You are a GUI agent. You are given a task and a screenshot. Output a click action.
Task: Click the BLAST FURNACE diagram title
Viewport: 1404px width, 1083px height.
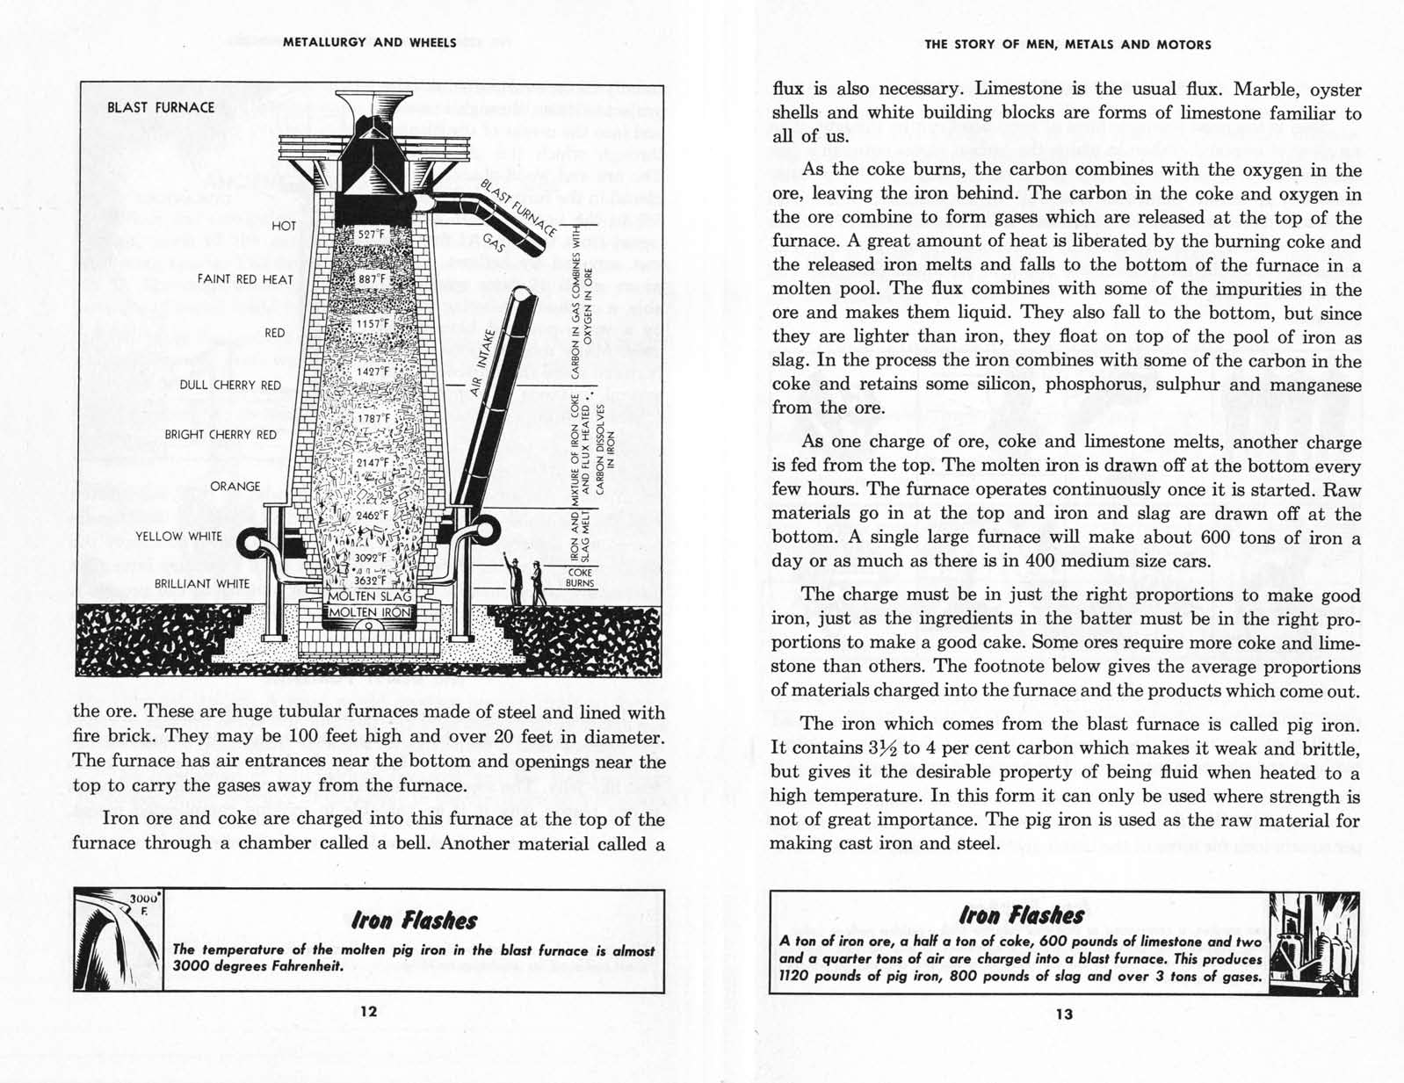pos(161,107)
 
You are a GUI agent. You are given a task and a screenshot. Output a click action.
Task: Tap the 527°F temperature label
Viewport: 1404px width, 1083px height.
pos(369,235)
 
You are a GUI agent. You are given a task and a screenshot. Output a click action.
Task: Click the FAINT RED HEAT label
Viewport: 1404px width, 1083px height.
pos(245,279)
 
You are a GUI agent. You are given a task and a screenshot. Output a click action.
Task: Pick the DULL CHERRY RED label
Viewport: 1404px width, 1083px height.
pos(230,385)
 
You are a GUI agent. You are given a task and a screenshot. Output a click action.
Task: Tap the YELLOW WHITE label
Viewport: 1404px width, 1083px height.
pos(178,537)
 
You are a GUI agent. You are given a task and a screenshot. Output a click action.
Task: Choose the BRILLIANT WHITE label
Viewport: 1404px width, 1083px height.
pos(202,584)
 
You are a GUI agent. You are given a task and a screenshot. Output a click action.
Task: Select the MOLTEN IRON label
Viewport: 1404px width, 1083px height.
pos(364,612)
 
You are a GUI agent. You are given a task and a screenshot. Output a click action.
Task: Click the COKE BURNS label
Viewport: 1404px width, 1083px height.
pos(580,577)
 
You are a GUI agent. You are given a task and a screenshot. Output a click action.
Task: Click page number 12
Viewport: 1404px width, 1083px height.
pos(369,1011)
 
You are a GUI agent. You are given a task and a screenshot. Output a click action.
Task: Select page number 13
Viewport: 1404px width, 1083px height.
pos(1064,1014)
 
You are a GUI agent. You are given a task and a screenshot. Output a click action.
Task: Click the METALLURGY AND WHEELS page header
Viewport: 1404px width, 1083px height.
pos(370,42)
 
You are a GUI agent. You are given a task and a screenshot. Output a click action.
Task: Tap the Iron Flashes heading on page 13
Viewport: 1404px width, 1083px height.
pos(1023,915)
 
